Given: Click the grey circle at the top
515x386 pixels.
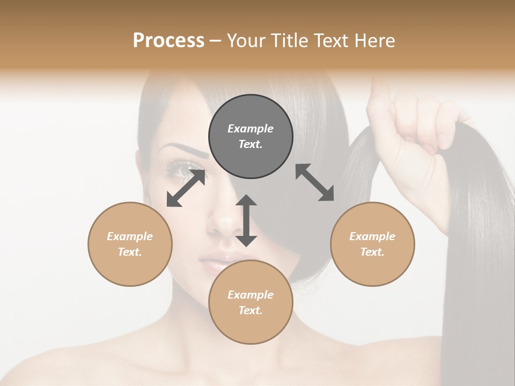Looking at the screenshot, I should coord(251,137).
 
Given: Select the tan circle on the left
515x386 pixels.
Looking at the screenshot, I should coord(130,244).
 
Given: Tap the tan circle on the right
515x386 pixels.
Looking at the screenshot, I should coord(372,244).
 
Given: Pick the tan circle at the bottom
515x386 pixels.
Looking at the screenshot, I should coord(251,302).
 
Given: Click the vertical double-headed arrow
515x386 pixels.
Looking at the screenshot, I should coord(246,220).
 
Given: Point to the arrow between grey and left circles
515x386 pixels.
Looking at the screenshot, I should coord(186,188).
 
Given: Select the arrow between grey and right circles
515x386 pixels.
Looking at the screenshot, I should coord(315,182).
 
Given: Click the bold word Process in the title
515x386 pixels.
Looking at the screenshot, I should coord(168,40).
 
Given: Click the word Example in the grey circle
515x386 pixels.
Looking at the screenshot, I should coord(251,129).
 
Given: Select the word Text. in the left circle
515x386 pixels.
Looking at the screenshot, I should coord(130,252).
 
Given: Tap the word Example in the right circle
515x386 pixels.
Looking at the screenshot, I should coord(372,236).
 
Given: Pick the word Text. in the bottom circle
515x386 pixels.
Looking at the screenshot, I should coord(251,310).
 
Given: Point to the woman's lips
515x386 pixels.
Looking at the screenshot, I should coord(214,264).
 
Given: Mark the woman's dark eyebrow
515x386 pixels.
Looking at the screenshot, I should coord(188,150).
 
